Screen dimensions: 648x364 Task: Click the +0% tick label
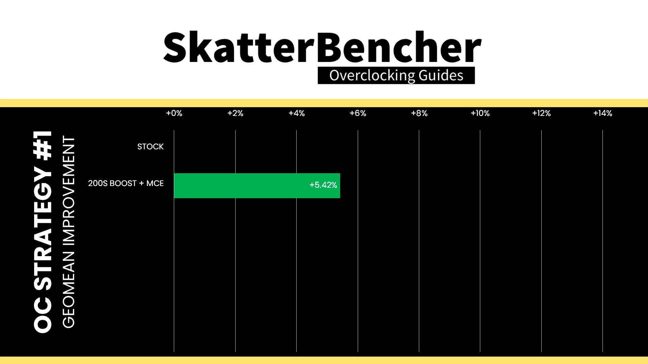[174, 113]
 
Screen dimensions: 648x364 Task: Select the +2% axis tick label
[235, 113]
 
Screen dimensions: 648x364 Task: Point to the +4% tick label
[297, 113]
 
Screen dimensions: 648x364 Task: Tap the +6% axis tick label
[358, 113]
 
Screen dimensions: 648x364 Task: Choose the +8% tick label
[419, 113]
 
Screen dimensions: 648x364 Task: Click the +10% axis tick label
[480, 113]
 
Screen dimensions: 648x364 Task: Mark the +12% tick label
[541, 113]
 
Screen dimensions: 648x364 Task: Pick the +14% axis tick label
[603, 113]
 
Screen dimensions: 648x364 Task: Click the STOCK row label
[151, 147]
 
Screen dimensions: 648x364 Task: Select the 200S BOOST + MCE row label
[126, 183]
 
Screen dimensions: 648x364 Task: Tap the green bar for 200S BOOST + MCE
[257, 186]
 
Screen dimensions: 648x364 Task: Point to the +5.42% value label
[323, 185]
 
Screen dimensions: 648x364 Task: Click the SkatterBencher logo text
[322, 47]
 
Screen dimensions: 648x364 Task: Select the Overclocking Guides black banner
[396, 75]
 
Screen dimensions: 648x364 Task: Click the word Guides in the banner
[441, 75]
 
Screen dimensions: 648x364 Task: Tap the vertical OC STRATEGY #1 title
[43, 232]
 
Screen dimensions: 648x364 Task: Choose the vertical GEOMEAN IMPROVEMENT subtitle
[69, 232]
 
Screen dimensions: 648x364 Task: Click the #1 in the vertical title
[43, 145]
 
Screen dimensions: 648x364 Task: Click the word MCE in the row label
[155, 183]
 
